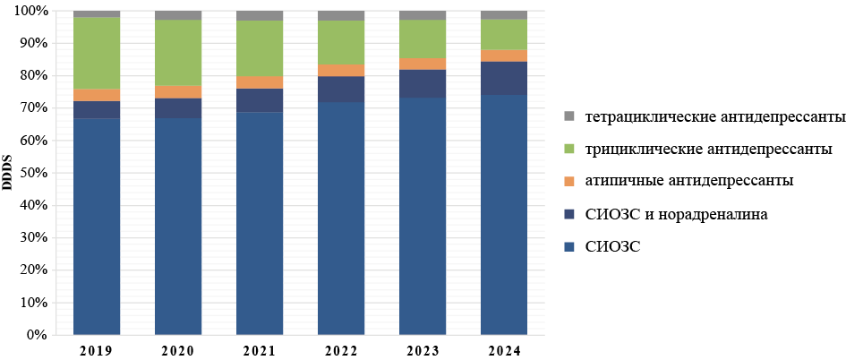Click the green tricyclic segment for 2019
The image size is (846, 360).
pyautogui.click(x=97, y=53)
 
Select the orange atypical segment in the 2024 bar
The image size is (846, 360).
pyautogui.click(x=504, y=56)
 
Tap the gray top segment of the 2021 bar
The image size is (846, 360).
pyautogui.click(x=260, y=15)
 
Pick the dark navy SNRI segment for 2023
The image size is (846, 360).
pyautogui.click(x=423, y=82)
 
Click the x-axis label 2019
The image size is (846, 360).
pyautogui.click(x=97, y=348)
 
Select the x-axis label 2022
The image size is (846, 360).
pyautogui.click(x=341, y=348)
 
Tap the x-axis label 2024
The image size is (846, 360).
pyautogui.click(x=504, y=348)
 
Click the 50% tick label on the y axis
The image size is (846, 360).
pyautogui.click(x=34, y=173)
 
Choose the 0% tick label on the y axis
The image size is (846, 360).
pyautogui.click(x=37, y=335)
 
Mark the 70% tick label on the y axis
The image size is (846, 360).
pyautogui.click(x=34, y=108)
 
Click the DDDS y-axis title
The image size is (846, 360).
pyautogui.click(x=8, y=173)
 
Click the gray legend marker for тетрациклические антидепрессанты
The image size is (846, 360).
pyautogui.click(x=569, y=117)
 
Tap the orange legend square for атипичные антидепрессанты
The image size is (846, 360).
pyautogui.click(x=569, y=181)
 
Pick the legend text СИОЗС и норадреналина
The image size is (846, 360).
pyautogui.click(x=675, y=214)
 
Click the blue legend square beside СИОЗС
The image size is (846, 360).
pyautogui.click(x=569, y=246)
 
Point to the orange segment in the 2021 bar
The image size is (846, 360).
pyautogui.click(x=260, y=82)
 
